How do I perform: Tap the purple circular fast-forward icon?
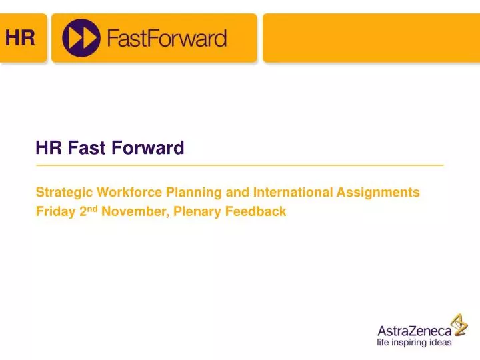coord(81,38)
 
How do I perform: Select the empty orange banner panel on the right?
coord(371,38)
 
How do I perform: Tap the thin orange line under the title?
coord(240,164)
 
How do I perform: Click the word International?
coord(292,193)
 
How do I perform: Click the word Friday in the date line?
coord(53,212)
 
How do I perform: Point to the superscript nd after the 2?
coord(92,208)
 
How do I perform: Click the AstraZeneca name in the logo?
coord(413,331)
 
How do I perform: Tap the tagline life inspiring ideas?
coord(414,343)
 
